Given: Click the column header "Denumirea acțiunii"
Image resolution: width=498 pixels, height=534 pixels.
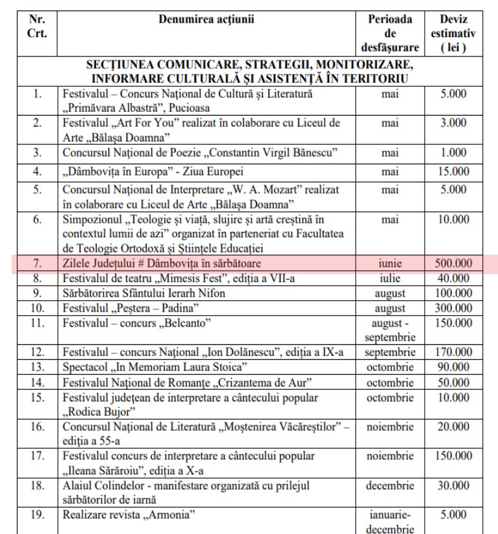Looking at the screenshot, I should (x=206, y=19).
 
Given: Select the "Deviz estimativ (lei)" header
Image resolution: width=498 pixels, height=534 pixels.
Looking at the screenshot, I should (x=453, y=33).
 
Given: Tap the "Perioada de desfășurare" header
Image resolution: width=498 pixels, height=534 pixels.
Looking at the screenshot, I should (x=390, y=33).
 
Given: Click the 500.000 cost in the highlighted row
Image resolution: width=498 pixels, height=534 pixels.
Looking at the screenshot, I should (x=453, y=264).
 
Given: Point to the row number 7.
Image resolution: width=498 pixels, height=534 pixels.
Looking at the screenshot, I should (x=38, y=264).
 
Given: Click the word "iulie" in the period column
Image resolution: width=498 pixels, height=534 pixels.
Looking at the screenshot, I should (x=390, y=278).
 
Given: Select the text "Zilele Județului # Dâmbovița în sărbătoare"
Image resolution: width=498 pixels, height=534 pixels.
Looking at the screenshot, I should (x=160, y=264).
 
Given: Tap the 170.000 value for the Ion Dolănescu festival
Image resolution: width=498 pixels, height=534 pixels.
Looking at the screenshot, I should (x=453, y=352).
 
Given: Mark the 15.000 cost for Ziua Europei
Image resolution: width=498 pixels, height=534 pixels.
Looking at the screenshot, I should (x=453, y=172).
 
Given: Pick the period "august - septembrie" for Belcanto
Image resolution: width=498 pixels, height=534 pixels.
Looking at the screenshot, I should (x=390, y=329).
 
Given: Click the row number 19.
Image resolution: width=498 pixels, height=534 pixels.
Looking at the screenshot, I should (x=38, y=515).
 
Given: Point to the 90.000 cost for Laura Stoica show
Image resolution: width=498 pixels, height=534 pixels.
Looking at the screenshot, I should (x=453, y=366).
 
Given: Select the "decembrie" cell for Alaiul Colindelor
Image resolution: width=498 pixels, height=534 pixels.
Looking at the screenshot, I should (x=390, y=485).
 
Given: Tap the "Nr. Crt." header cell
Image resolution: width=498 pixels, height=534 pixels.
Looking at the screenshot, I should (x=38, y=26).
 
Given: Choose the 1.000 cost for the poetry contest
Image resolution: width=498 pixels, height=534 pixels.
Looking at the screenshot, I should (x=453, y=153).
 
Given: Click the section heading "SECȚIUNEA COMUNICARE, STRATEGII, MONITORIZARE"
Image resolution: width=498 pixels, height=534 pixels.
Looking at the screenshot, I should (x=249, y=66).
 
